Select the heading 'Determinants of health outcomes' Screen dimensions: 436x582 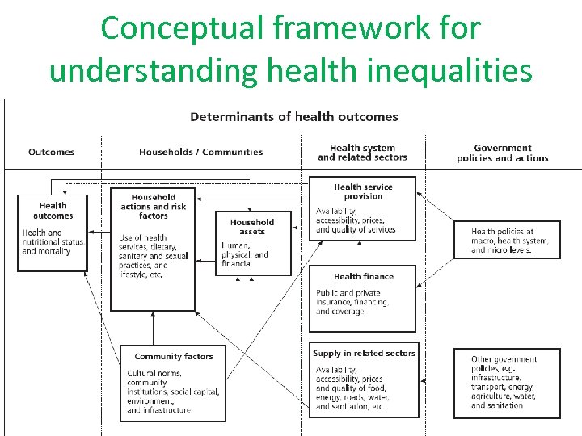pyautogui.click(x=294, y=117)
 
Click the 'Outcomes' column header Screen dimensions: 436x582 pyautogui.click(x=52, y=152)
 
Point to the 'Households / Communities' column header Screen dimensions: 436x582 pyautogui.click(x=201, y=152)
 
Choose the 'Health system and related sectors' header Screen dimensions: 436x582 pyautogui.click(x=362, y=153)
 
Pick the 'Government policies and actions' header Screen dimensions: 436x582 pyautogui.click(x=503, y=153)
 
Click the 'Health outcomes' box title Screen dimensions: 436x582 pyautogui.click(x=53, y=211)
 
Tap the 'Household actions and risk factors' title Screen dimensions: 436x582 pyautogui.click(x=154, y=207)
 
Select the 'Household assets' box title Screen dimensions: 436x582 pyautogui.click(x=252, y=227)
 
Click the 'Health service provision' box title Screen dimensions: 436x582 pyautogui.click(x=363, y=191)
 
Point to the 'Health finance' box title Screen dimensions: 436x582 pyautogui.click(x=363, y=277)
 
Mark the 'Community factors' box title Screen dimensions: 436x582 pyautogui.click(x=174, y=356)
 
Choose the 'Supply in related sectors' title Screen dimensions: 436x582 pyautogui.click(x=364, y=353)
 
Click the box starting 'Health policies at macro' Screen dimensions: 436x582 pyautogui.click(x=507, y=241)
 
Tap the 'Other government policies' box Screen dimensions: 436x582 pyautogui.click(x=507, y=382)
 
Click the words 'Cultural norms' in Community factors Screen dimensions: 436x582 pyautogui.click(x=154, y=373)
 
